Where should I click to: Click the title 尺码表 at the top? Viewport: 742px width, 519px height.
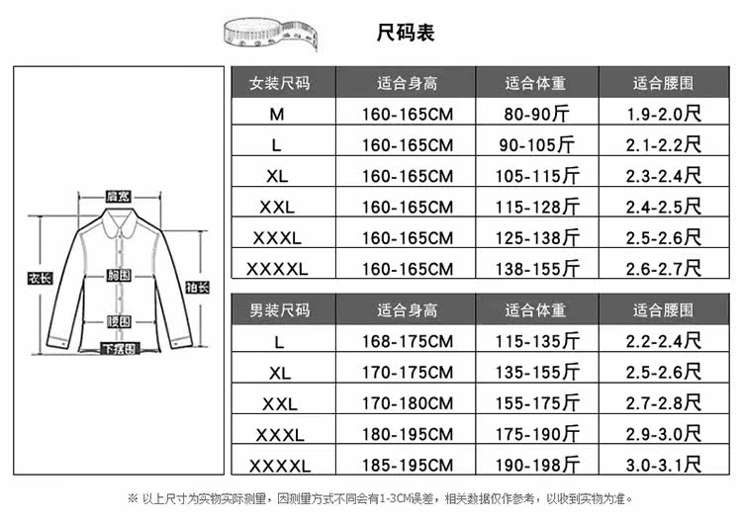406,32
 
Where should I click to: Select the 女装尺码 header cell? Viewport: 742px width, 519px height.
279,83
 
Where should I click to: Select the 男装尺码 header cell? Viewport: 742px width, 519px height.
279,310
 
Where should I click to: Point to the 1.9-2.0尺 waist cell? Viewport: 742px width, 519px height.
663,115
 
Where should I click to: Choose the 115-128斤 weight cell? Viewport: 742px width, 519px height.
538,208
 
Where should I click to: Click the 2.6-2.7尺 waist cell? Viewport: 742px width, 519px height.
663,269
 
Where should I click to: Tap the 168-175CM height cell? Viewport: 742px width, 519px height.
407,342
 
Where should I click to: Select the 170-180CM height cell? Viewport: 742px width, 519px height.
407,403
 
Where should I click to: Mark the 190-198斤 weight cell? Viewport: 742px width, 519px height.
538,466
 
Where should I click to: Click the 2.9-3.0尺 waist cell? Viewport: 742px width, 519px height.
663,434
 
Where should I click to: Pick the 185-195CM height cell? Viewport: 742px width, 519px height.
407,466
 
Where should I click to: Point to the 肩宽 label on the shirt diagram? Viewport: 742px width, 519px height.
119,197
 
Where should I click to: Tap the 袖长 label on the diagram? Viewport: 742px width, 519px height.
197,288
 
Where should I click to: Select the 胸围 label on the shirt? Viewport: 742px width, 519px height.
119,275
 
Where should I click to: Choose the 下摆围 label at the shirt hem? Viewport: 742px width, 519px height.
119,348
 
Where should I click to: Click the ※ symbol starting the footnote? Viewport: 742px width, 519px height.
134,498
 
